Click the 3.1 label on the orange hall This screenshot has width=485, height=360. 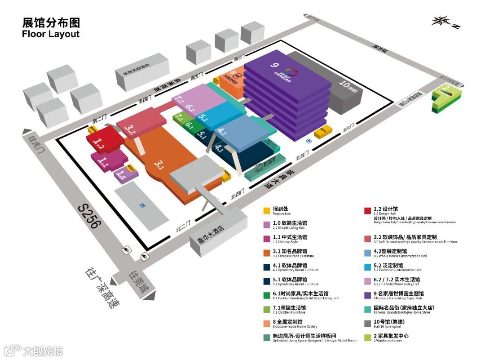(159, 164)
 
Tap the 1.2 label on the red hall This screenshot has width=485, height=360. (99, 143)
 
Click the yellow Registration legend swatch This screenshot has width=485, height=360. (267, 210)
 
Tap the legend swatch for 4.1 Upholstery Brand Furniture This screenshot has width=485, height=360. (267, 267)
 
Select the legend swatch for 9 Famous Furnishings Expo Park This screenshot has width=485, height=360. (367, 295)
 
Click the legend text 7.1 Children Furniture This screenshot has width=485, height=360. (290, 309)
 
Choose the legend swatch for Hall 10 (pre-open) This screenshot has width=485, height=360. (367, 323)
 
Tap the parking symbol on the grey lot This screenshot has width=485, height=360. (142, 205)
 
